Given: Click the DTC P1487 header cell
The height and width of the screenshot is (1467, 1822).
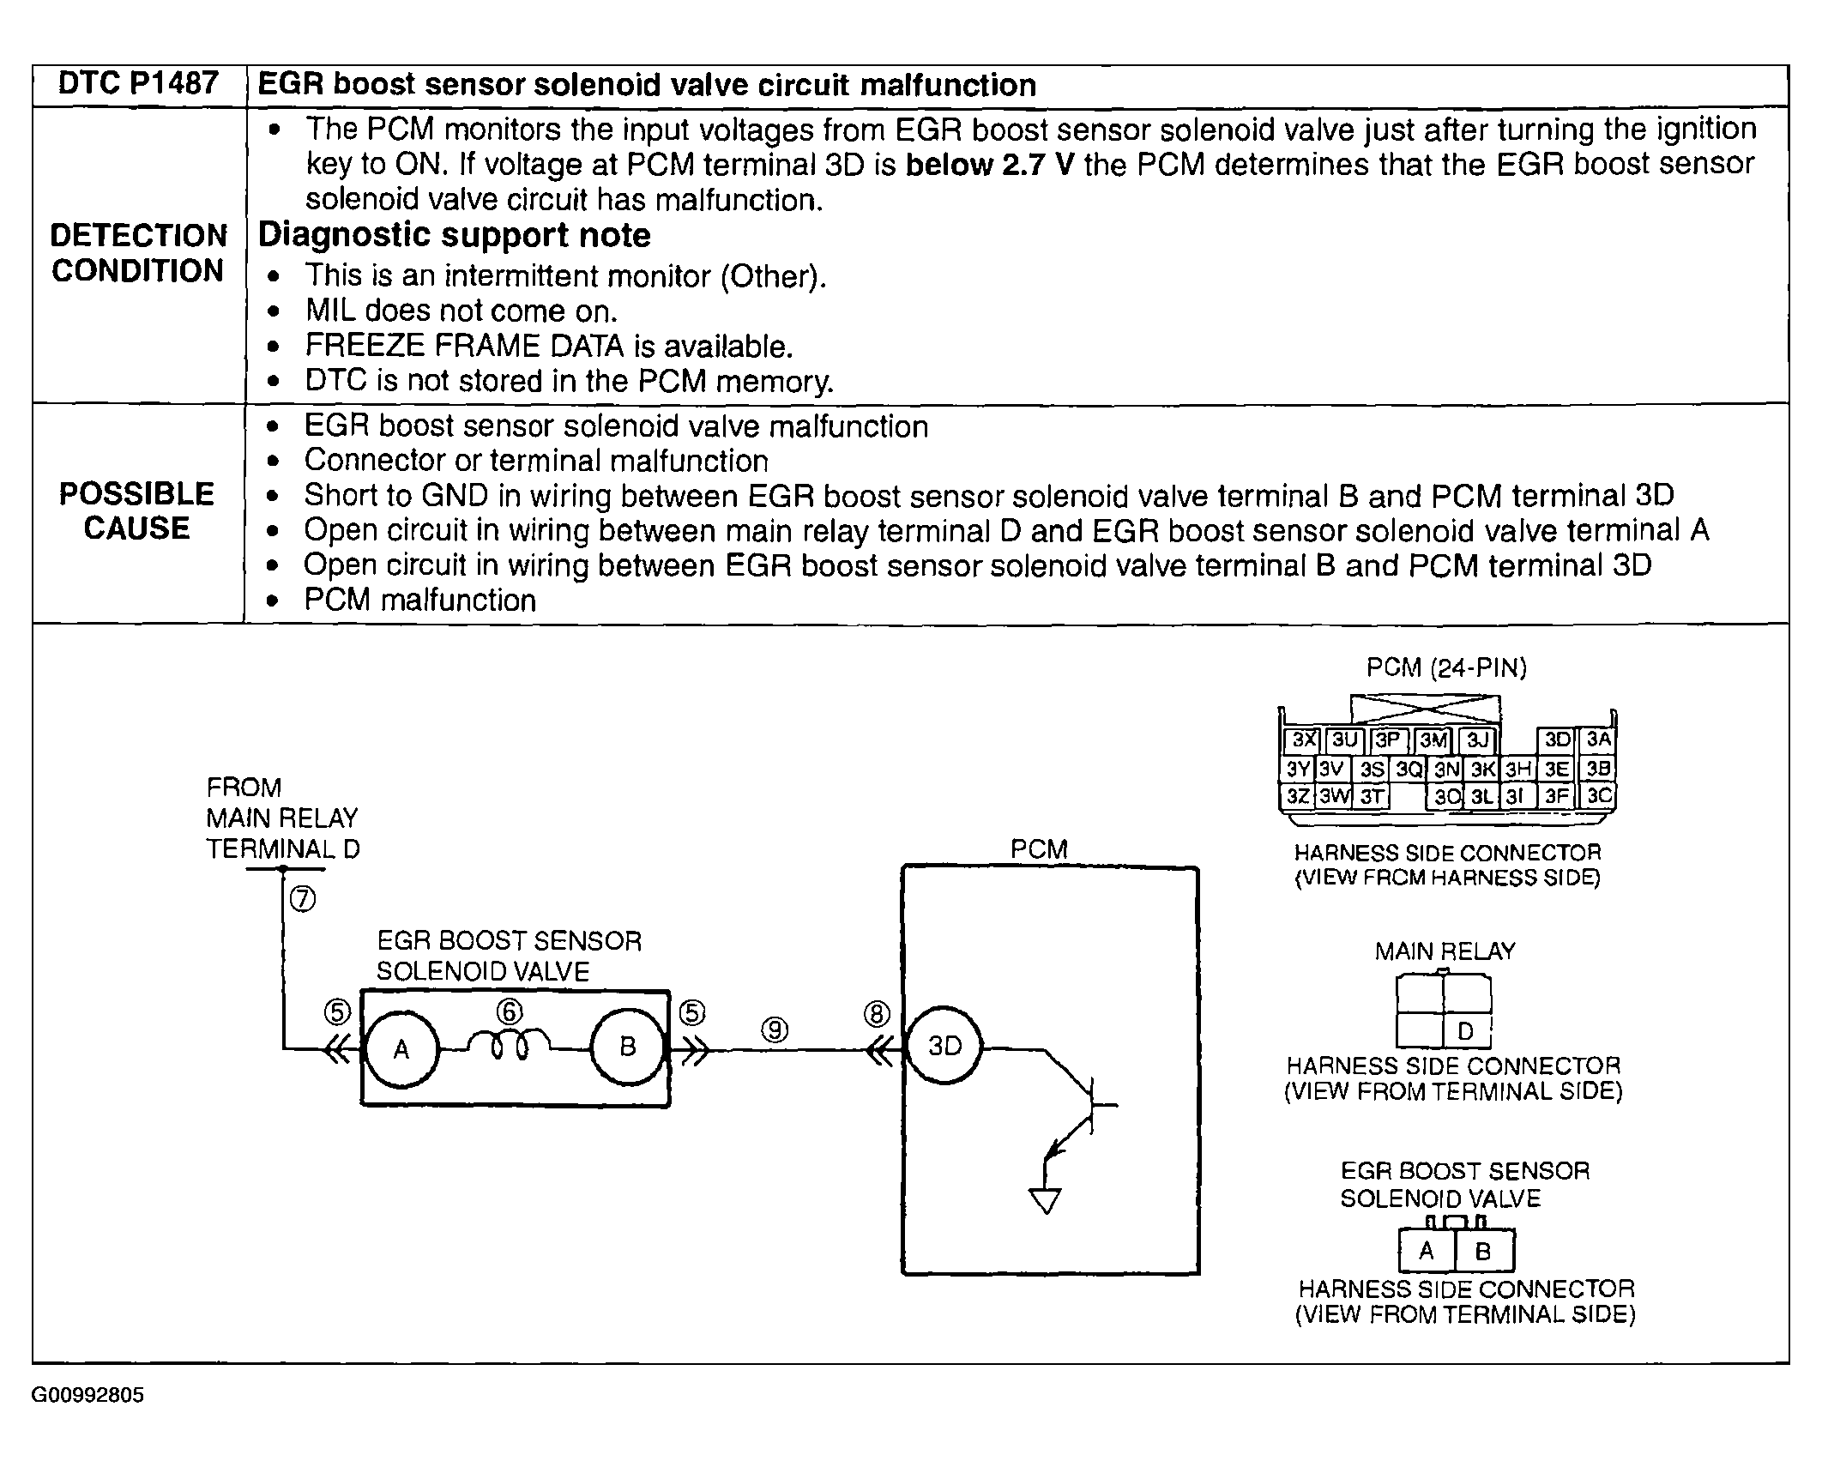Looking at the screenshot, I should click(138, 84).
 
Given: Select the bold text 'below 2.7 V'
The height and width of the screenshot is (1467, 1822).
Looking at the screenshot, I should click(989, 164).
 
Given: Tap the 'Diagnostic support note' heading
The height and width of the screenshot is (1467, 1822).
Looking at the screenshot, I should click(454, 235).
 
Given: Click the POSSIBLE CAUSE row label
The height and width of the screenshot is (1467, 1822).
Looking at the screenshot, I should click(137, 511).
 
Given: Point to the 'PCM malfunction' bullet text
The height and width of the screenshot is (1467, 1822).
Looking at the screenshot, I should click(419, 601).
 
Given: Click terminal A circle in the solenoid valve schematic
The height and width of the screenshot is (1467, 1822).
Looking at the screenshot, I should click(401, 1048).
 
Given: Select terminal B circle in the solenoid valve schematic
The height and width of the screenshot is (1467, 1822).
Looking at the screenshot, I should click(628, 1047).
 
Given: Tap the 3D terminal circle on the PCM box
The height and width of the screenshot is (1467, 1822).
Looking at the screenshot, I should click(945, 1047).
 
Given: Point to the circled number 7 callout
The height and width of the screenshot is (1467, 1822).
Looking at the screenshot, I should click(303, 899).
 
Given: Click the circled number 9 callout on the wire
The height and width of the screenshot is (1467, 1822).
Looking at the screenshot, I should click(775, 1029).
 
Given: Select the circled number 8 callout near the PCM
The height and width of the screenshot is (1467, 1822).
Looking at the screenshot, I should click(877, 1014).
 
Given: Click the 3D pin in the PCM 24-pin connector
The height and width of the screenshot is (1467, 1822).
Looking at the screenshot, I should click(1557, 740).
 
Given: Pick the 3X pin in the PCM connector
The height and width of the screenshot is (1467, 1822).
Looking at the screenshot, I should click(1303, 740).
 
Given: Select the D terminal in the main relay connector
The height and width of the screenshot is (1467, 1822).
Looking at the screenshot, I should click(1465, 1031).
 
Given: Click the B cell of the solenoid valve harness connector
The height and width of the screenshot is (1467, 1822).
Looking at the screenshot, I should click(1483, 1252).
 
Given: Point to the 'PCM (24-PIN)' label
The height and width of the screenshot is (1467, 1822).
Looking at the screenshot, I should click(1446, 668).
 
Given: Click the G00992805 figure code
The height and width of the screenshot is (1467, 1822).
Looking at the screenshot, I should click(87, 1395).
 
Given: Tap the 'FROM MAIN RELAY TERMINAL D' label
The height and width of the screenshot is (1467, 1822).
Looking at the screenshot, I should click(282, 818).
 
